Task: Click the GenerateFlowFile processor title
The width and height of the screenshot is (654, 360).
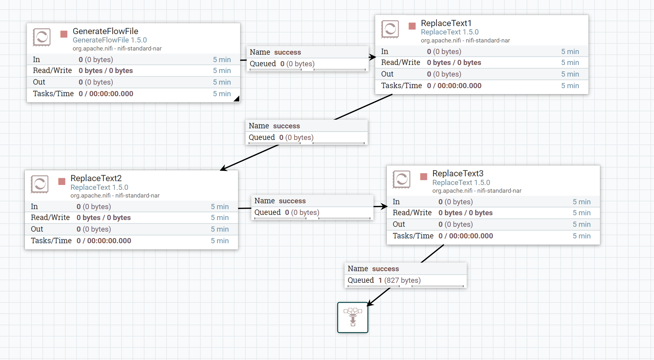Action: coord(105,31)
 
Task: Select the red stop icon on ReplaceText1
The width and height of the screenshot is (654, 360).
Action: coord(412,26)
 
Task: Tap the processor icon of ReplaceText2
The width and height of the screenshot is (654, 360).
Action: coord(40,184)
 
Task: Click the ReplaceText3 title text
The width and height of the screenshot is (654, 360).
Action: coord(457,173)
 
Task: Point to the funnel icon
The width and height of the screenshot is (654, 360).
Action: coord(353,317)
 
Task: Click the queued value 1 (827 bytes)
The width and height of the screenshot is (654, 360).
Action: coord(399,280)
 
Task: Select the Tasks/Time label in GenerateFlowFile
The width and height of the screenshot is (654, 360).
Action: coord(53,94)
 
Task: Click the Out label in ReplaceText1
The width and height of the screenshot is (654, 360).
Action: coord(387,74)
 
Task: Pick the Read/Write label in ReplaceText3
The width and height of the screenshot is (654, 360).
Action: coord(412,213)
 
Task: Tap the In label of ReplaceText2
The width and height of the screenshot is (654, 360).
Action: coord(34,207)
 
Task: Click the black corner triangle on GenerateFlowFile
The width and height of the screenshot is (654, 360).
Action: coord(237,99)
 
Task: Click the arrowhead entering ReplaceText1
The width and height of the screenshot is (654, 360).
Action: coord(373,57)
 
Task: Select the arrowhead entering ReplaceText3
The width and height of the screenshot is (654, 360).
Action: coord(384,206)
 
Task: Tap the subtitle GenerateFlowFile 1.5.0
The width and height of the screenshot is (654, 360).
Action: coord(109,40)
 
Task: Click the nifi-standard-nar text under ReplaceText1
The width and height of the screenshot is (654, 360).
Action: coord(488,41)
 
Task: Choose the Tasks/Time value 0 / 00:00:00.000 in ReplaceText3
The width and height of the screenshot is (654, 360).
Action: coord(465,236)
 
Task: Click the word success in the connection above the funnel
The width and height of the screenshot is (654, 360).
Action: coord(385,269)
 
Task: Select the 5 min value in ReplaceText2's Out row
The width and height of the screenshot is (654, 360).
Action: coord(220,229)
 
